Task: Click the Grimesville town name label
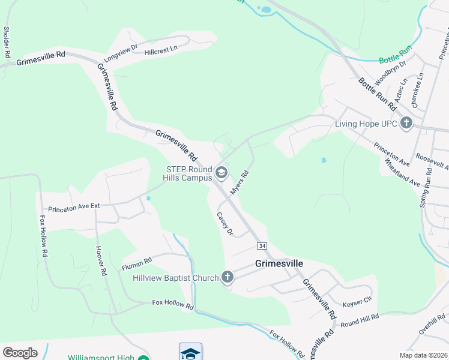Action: pos(279,263)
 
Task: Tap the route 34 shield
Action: pos(262,246)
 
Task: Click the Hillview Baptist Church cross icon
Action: pos(227,277)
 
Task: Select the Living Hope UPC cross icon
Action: pos(406,124)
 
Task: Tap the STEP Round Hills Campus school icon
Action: pos(221,173)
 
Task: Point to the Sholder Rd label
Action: pos(7,42)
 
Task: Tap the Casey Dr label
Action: pos(224,223)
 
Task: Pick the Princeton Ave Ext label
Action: pos(73,206)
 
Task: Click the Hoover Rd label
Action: pos(100,261)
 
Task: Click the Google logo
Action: pos(20,352)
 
